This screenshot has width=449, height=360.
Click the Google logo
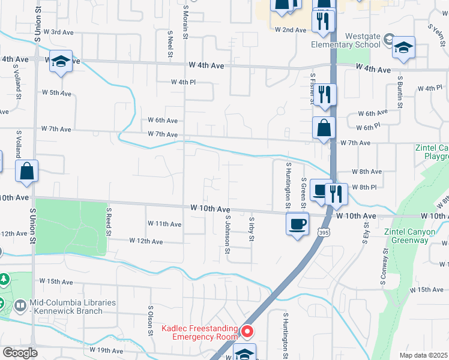click(20, 353)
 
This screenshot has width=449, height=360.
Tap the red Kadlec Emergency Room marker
click(247, 331)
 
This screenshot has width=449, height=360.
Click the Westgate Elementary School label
click(346, 40)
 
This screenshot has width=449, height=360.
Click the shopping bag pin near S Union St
click(27, 172)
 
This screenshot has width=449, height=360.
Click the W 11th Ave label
click(164, 224)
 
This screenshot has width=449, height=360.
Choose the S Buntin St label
click(399, 92)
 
